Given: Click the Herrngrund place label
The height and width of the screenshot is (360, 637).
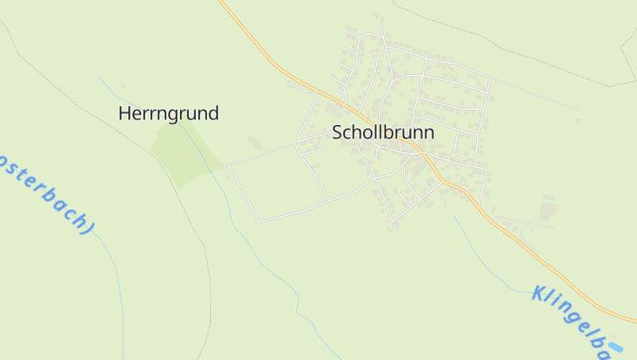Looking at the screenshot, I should pos(168,113).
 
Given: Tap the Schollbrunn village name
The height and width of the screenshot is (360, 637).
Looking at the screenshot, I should pos(383,132).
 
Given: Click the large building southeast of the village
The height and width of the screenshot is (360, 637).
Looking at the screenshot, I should pos(549,209).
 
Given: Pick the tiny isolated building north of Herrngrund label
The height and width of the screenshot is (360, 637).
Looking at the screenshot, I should pos(123,86).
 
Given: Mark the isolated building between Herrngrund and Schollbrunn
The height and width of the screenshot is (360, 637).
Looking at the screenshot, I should pos(255,143).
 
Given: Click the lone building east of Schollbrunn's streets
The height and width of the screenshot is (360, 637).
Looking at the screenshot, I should pos(577,121).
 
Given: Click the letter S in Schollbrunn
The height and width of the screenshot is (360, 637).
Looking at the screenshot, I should pos(338,132).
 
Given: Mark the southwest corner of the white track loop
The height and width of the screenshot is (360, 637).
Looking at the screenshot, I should pos(259,222).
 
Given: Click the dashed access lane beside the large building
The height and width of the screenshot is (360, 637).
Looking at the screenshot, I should pos(526,221).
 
